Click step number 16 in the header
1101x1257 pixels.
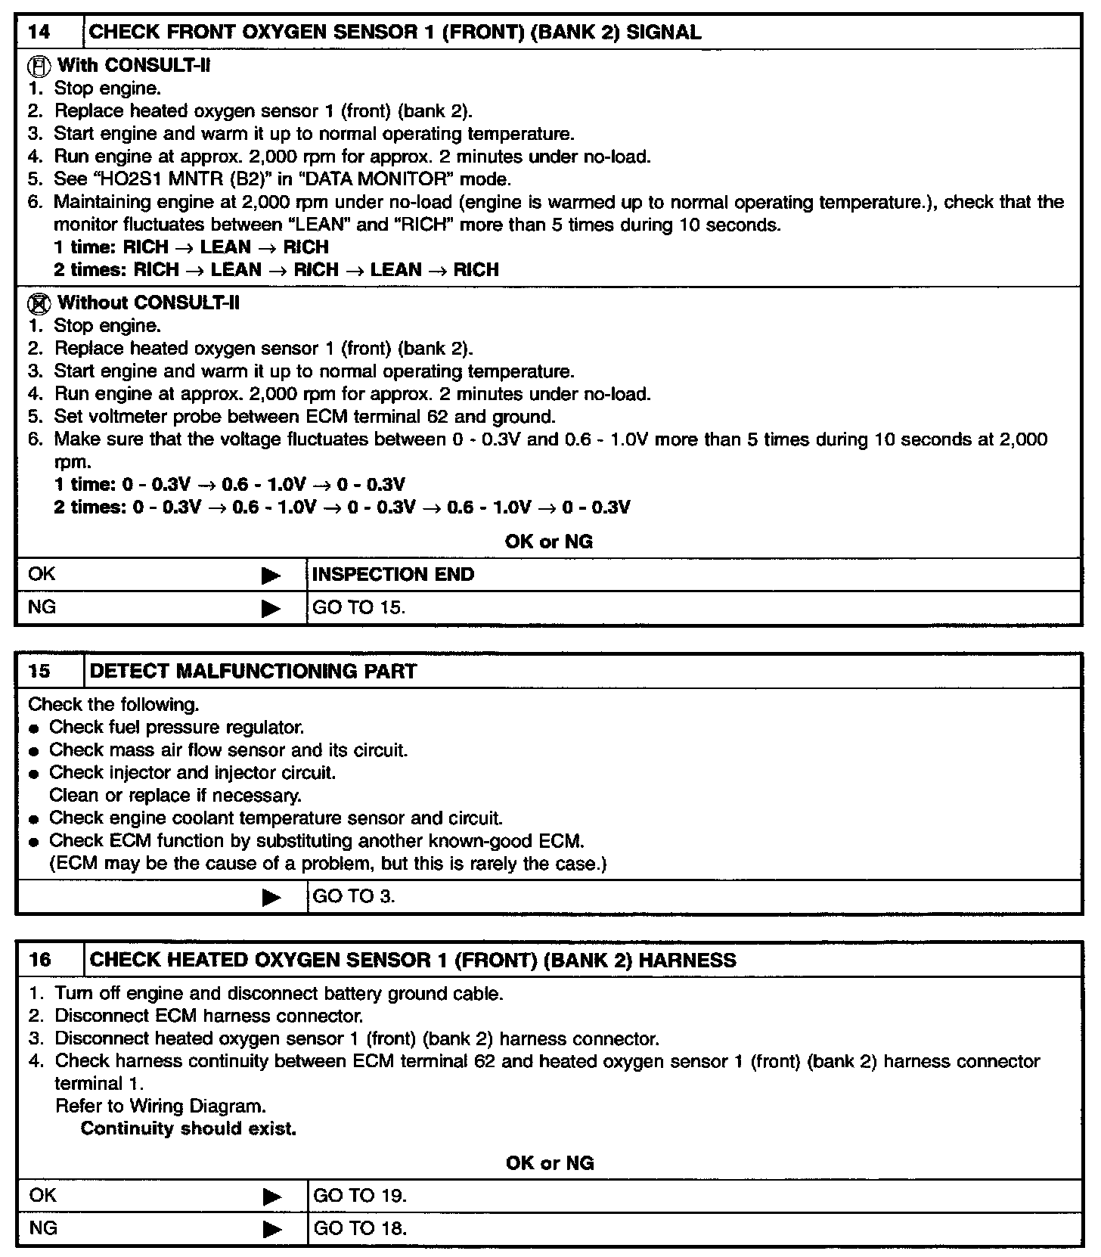pyautogui.click(x=40, y=960)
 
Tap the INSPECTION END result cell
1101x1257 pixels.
pyautogui.click(x=393, y=574)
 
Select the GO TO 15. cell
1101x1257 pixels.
pyautogui.click(x=359, y=607)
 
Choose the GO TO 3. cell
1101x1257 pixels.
pyautogui.click(x=354, y=897)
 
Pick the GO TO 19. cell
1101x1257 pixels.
pyautogui.click(x=360, y=1196)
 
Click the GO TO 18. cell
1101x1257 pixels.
pyautogui.click(x=360, y=1228)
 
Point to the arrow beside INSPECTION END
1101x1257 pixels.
pyautogui.click(x=271, y=576)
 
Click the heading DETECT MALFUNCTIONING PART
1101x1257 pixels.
pyautogui.click(x=253, y=671)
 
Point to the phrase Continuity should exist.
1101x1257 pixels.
pyautogui.click(x=188, y=1128)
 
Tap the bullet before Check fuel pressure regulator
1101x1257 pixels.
pyautogui.click(x=34, y=728)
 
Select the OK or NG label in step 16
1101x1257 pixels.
pyautogui.click(x=550, y=1162)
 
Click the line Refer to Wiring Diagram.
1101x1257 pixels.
pyautogui.click(x=160, y=1106)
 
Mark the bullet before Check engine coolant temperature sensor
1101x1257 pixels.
pyautogui.click(x=34, y=819)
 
